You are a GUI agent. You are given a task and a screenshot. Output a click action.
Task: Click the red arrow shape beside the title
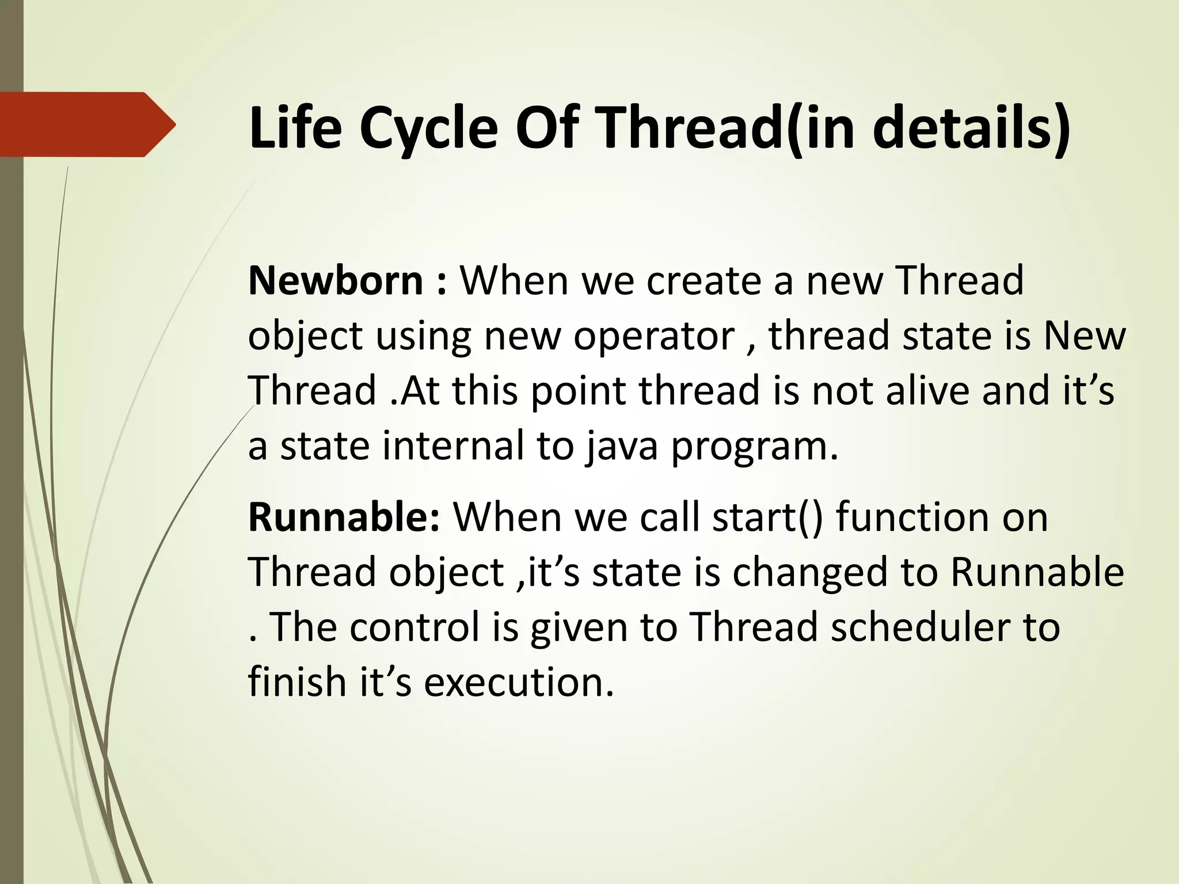(86, 124)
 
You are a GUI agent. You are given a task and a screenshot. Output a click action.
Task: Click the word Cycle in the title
(428, 129)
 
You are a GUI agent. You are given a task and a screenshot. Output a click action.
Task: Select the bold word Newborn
(336, 280)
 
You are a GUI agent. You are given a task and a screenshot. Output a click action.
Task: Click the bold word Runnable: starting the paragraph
(344, 517)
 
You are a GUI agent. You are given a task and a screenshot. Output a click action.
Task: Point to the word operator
(654, 336)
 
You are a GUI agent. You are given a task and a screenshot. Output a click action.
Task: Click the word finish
(297, 681)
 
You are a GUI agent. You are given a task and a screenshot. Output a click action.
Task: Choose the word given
(579, 627)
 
